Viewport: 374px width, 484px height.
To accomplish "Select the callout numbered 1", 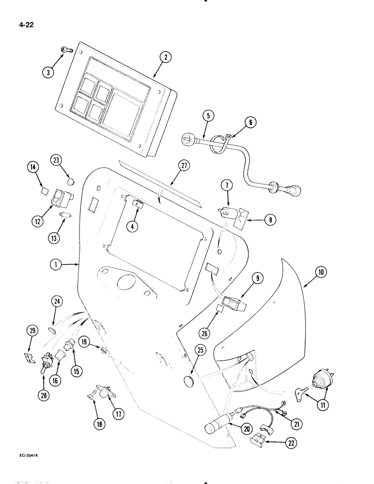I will click(x=57, y=265).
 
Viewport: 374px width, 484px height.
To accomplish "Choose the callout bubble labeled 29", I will click(x=32, y=331).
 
